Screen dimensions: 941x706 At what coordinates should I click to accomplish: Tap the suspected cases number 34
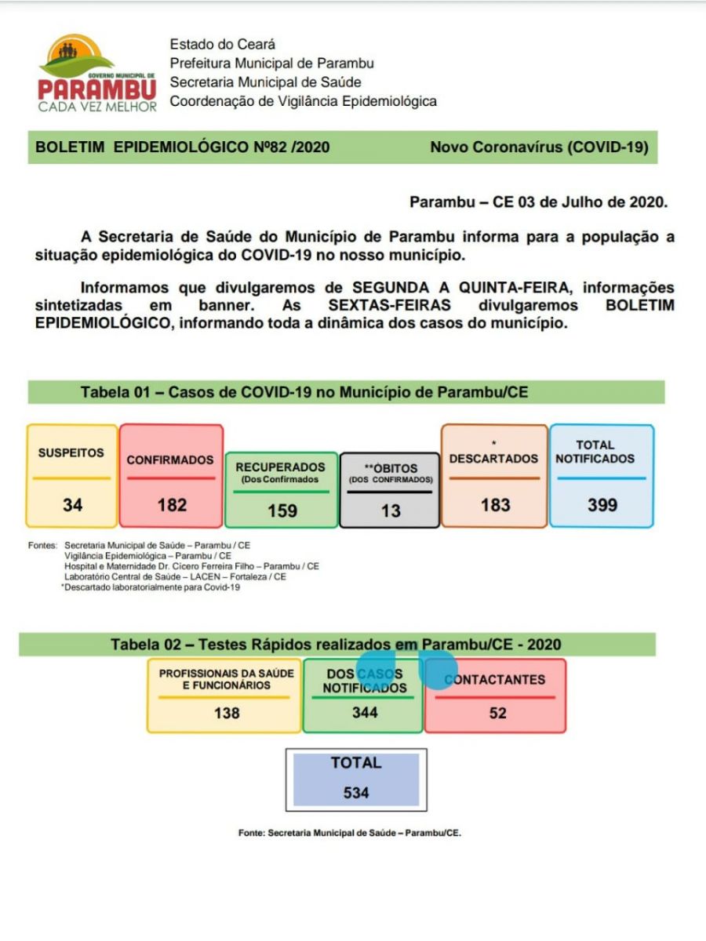click(73, 505)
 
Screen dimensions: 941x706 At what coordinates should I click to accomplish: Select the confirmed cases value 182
click(172, 505)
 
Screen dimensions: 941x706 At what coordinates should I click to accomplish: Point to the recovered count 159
click(282, 510)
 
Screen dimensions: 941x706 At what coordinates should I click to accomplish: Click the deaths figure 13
click(390, 510)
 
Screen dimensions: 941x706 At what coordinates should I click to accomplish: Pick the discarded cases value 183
click(495, 505)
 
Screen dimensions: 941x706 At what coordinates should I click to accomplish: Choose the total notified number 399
click(602, 505)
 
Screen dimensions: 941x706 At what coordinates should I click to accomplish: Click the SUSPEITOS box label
click(71, 453)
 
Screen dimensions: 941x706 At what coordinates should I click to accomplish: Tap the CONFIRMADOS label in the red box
click(170, 460)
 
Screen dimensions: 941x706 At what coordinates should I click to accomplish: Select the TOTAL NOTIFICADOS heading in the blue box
click(595, 452)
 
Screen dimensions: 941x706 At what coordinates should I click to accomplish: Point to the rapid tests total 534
click(356, 793)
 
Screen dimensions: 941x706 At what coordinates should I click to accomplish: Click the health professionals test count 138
click(227, 713)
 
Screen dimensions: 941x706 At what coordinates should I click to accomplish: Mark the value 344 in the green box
click(364, 712)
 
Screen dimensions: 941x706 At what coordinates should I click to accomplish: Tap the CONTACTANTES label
click(495, 680)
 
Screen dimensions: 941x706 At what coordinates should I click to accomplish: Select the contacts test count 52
click(497, 713)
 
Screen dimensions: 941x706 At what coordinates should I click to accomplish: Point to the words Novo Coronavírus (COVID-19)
click(539, 147)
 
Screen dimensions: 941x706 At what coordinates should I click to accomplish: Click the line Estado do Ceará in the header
click(223, 45)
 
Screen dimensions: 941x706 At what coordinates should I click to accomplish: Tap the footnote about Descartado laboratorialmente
click(151, 587)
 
